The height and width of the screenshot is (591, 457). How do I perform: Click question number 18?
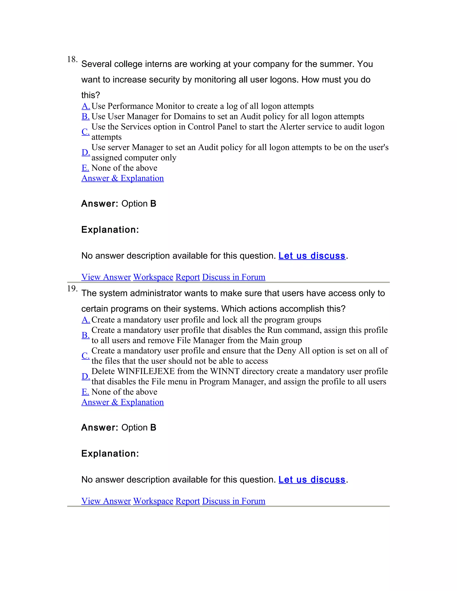coord(72,59)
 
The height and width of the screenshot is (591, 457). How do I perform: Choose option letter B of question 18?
coord(85,116)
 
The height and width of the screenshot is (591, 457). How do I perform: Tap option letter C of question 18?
coord(85,132)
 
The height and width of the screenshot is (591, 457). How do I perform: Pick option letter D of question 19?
coord(85,376)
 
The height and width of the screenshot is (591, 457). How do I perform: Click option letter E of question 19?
coord(85,392)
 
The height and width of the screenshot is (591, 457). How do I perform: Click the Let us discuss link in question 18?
coord(312,256)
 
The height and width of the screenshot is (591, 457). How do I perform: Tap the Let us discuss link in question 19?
coord(312,479)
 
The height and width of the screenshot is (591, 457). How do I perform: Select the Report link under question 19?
coord(188,501)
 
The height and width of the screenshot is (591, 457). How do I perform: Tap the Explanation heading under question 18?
coord(110,230)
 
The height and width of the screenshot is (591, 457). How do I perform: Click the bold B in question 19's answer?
coord(153,428)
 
